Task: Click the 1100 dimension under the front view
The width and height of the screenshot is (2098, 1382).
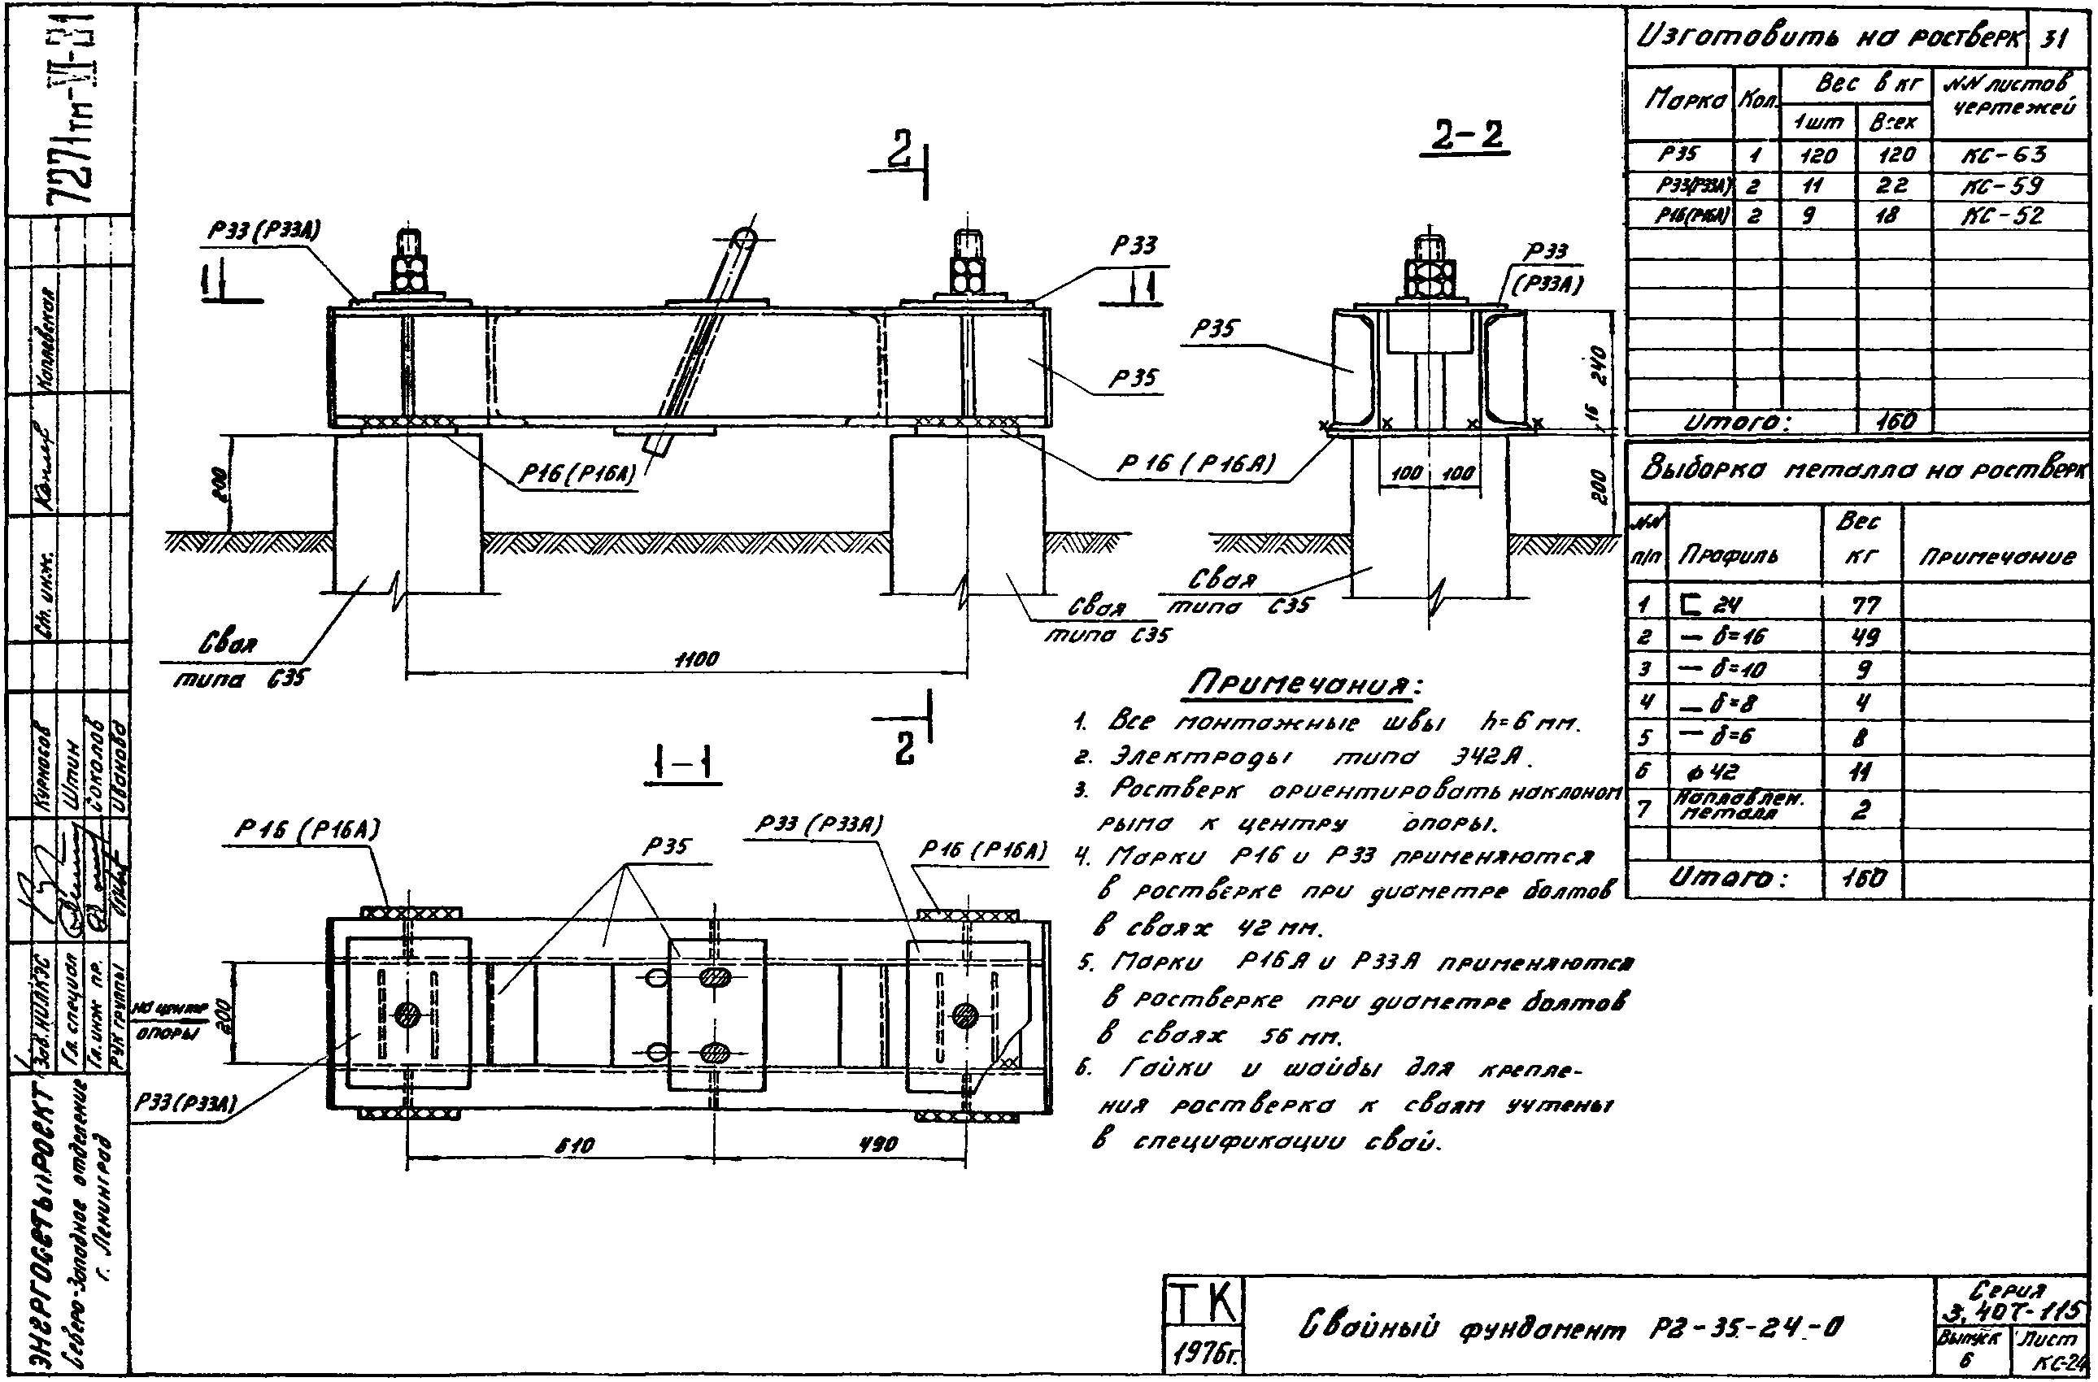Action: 696,659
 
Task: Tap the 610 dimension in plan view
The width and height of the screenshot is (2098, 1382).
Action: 576,1145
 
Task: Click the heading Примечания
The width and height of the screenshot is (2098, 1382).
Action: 1304,684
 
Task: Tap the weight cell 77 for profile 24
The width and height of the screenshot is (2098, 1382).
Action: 1865,606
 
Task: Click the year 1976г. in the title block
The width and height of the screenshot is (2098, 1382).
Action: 1204,1351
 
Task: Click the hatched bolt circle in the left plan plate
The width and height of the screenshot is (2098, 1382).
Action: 407,1015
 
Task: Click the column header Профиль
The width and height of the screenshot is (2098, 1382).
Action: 1728,555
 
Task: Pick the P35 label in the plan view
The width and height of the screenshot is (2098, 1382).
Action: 668,847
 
